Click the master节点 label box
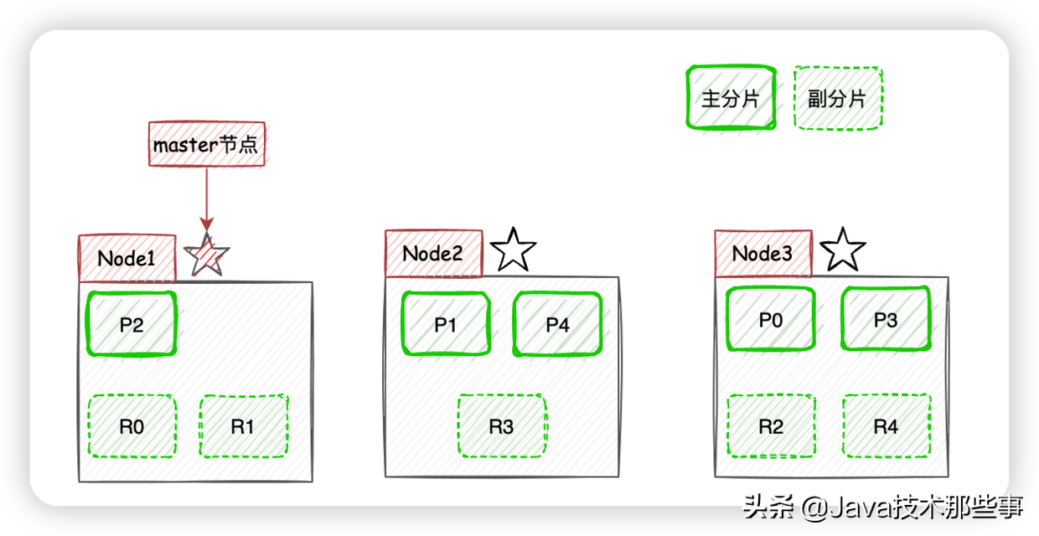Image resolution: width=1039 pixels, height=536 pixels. pos(207,144)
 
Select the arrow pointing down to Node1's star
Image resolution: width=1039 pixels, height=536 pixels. pos(207,199)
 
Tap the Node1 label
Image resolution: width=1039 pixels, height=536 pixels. pos(127,258)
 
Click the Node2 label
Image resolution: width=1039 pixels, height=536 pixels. pos(434,254)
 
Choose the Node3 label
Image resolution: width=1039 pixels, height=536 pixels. pos(763,254)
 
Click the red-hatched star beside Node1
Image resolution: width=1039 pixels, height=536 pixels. pos(207,255)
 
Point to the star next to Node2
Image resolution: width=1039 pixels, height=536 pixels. pos(513,250)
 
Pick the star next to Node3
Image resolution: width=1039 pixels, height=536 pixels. pos(843,250)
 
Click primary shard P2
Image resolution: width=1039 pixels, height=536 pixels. pos(132,323)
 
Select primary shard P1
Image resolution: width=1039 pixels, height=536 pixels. pos(446,323)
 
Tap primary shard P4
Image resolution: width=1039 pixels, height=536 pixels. pos(557,323)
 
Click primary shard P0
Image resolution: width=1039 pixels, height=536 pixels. pos(771,319)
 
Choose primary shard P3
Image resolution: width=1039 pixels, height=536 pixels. pos(886,319)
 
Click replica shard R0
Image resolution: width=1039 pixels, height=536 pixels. pos(132,426)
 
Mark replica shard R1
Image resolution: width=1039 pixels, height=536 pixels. pos(244,426)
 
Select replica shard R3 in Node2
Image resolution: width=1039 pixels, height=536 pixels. pos(502,426)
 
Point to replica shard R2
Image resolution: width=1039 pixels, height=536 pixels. pos(771,426)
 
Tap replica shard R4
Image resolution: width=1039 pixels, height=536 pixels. pos(886,426)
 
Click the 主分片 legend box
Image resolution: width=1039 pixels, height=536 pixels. pos(731,97)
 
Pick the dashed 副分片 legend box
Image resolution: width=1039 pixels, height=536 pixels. pos(838,98)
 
